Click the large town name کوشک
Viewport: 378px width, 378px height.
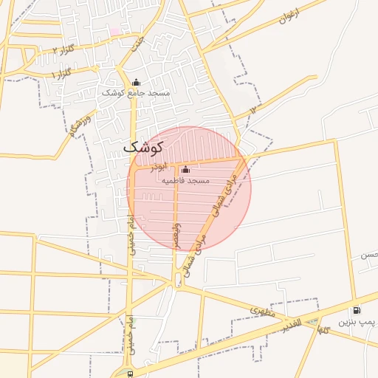pyautogui.click(x=140, y=147)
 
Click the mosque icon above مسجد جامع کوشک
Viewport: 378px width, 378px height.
pyautogui.click(x=135, y=82)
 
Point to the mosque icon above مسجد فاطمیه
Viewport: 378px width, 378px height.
pyautogui.click(x=185, y=170)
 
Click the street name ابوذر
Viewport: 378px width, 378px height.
pyautogui.click(x=160, y=168)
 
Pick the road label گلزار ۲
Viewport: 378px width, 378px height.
pyautogui.click(x=65, y=49)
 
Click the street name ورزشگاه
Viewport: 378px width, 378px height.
pyautogui.click(x=80, y=126)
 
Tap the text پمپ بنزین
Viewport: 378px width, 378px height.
pyautogui.click(x=358, y=323)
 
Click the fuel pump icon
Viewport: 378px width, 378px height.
pyautogui.click(x=357, y=311)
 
